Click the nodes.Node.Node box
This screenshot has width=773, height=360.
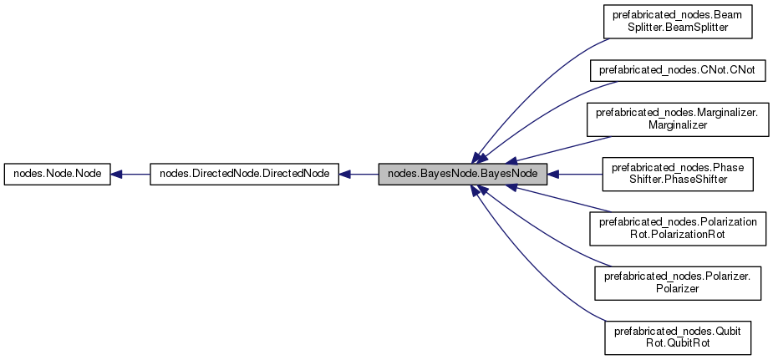58,175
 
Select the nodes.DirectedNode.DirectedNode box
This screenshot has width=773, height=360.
244,175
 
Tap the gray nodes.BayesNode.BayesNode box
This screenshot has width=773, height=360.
463,175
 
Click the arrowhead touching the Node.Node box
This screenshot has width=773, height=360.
118,175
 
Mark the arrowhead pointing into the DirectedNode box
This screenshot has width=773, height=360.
345,175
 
